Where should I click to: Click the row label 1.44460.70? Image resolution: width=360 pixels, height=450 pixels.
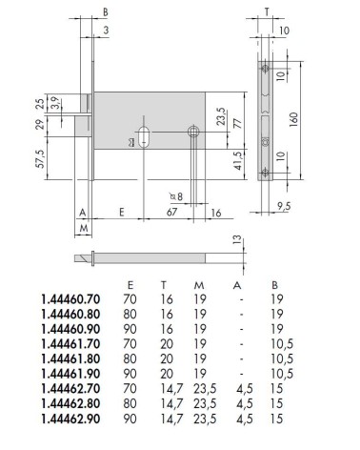pyautogui.click(x=70, y=299)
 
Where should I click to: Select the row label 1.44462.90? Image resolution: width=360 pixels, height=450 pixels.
pyautogui.click(x=70, y=419)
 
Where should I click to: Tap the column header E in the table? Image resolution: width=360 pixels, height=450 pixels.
pyautogui.click(x=130, y=285)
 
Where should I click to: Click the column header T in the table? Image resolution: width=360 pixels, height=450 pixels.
pyautogui.click(x=164, y=285)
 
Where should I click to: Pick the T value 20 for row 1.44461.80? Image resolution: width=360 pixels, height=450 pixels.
pyautogui.click(x=167, y=359)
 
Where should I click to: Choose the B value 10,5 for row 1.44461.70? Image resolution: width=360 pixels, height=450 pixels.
pyautogui.click(x=282, y=344)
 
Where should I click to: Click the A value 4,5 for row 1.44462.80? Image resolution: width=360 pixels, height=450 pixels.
pyautogui.click(x=245, y=404)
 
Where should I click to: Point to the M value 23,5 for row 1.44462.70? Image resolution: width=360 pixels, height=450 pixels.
pyautogui.click(x=205, y=389)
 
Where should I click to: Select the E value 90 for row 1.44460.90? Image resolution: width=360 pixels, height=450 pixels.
pyautogui.click(x=130, y=329)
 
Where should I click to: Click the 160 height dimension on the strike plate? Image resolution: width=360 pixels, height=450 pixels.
pyautogui.click(x=294, y=120)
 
